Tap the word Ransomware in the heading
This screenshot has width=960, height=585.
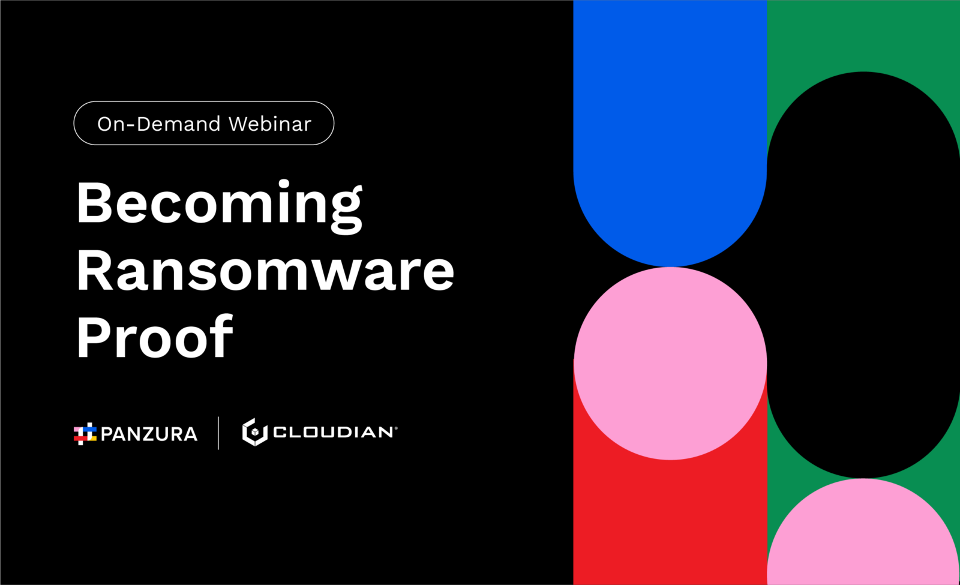[265, 270]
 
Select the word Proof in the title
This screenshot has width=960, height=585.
[155, 336]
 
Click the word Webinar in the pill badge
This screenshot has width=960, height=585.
[269, 124]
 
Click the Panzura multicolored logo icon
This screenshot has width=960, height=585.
[85, 434]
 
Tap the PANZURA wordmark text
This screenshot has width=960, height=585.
[149, 434]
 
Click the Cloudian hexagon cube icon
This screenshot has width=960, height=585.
[255, 432]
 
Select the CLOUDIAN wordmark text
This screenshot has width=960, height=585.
[333, 432]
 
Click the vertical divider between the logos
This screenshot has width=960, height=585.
[218, 433]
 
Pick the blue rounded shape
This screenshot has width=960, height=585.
[670, 128]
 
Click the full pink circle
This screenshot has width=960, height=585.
[670, 364]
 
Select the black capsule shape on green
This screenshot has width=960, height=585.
[863, 274]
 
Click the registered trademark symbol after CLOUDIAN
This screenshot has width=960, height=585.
[395, 428]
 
